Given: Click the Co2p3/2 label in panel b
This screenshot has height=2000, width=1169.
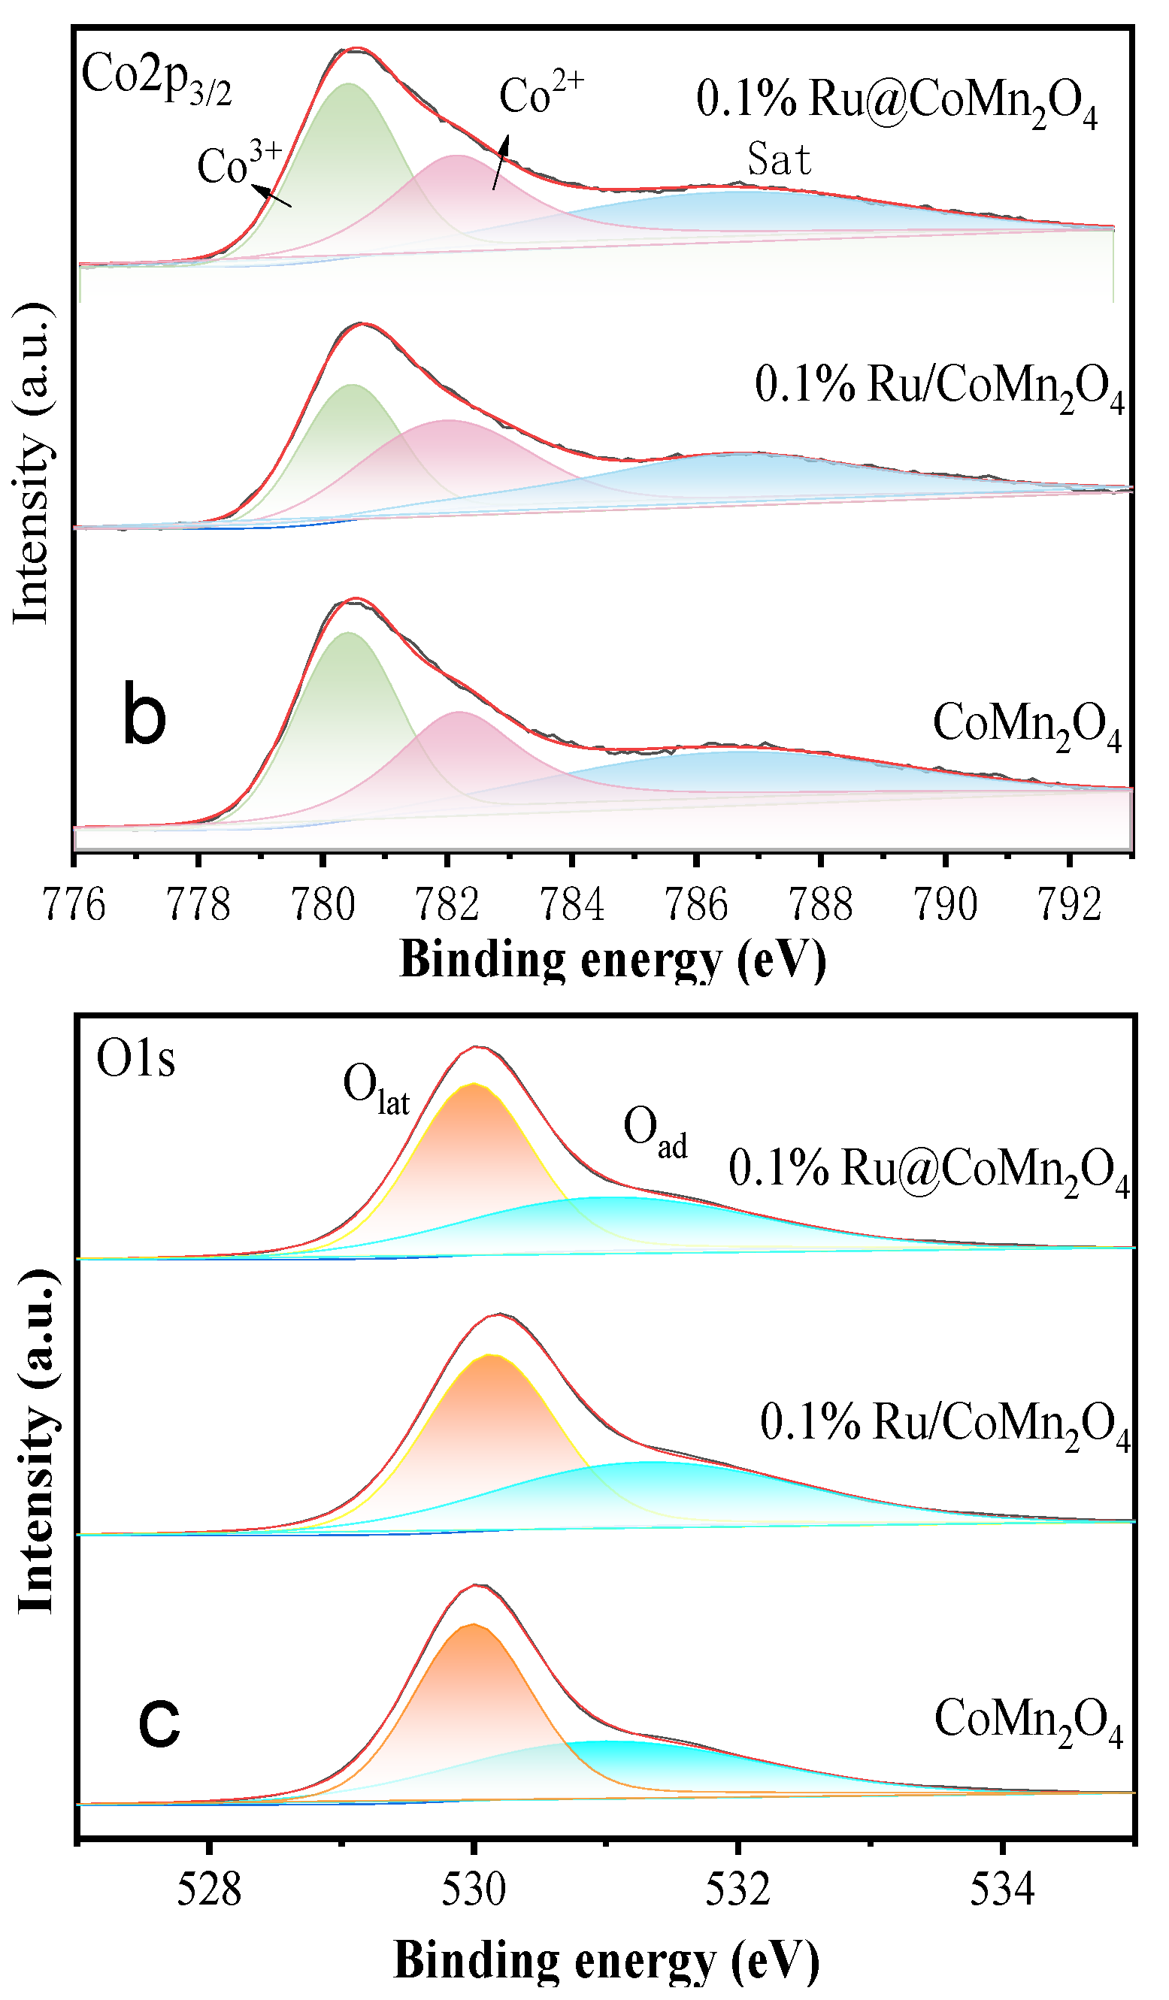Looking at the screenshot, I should tap(156, 80).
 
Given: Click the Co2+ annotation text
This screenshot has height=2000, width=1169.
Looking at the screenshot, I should tap(541, 95).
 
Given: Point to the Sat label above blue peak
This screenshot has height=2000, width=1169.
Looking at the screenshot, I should tap(779, 159).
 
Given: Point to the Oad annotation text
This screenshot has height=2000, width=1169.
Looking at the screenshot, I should tap(654, 1132).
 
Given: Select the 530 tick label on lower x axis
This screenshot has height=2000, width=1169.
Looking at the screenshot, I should tap(474, 1891).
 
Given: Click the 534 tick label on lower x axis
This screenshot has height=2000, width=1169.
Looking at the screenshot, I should tap(1002, 1891).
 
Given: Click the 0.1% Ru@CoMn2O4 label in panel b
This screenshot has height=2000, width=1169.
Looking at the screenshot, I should tap(896, 103).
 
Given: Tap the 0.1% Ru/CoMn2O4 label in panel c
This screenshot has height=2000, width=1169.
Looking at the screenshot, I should tap(944, 1424).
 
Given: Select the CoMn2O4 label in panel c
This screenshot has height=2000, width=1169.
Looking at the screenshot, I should tap(1028, 1723).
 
